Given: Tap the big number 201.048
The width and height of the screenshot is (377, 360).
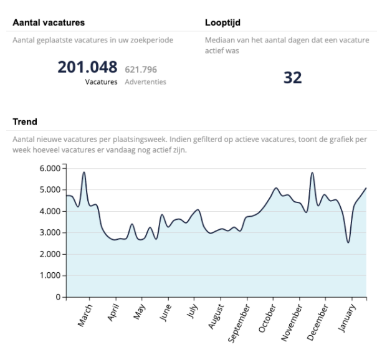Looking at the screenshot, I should [x=87, y=67].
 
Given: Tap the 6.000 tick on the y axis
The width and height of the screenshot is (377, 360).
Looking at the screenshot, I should [x=49, y=168].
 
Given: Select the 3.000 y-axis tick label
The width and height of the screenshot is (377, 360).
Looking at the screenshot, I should [x=49, y=233].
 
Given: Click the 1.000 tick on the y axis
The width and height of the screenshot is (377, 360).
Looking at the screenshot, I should [x=49, y=276].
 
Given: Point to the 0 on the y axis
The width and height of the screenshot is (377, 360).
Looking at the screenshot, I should [x=56, y=298].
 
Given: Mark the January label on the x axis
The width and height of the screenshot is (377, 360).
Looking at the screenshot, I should [x=350, y=315].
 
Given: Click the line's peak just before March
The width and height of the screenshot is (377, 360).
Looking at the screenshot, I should [x=84, y=172].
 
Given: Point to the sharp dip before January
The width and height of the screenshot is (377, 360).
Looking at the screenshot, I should [x=348, y=242].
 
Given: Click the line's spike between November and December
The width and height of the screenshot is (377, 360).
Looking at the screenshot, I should [x=312, y=173].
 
